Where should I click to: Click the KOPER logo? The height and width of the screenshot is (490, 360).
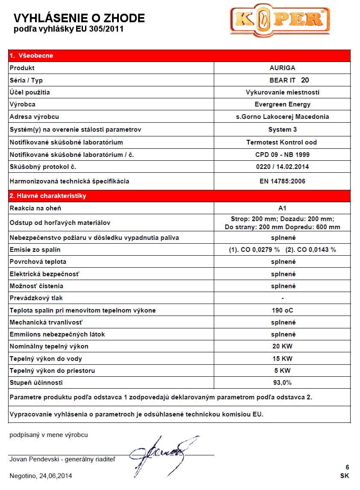[x=280, y=21]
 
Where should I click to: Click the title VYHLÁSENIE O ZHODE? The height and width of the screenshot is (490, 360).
[x=79, y=18]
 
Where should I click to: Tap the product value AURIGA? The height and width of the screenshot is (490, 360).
[x=283, y=68]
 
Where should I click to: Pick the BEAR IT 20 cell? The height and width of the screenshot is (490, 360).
[x=289, y=80]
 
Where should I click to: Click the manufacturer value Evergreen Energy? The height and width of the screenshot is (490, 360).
[x=283, y=104]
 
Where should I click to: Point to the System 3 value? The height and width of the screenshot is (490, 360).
[x=283, y=130]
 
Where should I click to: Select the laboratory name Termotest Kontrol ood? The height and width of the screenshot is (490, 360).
[x=282, y=142]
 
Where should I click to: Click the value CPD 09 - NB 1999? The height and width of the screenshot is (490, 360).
[x=283, y=155]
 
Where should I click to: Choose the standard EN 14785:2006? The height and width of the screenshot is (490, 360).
[x=283, y=181]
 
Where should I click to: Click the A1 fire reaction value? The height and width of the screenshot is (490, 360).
[x=282, y=208]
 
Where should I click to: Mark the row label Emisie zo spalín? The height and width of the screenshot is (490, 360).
[x=35, y=250]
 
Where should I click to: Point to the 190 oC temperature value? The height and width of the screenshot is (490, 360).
[x=283, y=310]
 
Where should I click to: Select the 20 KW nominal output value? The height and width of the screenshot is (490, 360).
[x=283, y=346]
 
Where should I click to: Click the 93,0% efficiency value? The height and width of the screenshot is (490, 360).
[x=283, y=382]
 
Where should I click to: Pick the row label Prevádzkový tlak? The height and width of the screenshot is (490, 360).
[x=36, y=298]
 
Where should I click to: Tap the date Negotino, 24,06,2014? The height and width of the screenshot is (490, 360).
[x=41, y=475]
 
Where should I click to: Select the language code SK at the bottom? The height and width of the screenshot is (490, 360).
[x=345, y=476]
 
